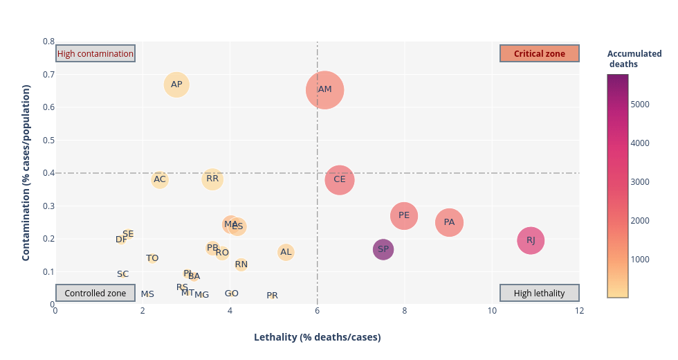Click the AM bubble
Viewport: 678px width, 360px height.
324,90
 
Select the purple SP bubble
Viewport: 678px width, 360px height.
383,249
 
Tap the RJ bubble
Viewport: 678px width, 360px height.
531,240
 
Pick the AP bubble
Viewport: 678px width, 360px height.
176,85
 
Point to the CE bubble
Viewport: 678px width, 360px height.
340,179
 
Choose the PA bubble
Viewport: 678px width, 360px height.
449,222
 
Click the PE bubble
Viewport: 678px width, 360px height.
404,216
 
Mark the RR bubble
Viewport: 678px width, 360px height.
212,179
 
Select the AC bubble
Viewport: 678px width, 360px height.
160,180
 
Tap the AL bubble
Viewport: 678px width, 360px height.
286,252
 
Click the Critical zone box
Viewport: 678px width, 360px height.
539,53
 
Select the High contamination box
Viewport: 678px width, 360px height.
95,53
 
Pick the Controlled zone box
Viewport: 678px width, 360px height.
95,293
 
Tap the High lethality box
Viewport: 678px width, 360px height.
539,293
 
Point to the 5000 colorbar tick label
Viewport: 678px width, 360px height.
640,105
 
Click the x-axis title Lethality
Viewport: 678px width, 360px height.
317,337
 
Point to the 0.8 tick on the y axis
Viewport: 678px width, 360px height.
48,42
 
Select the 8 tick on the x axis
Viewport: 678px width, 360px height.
404,311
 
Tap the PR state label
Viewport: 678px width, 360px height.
272,296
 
